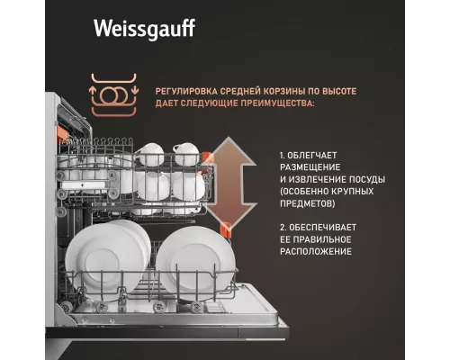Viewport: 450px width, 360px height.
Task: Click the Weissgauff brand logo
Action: pos(144,30)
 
